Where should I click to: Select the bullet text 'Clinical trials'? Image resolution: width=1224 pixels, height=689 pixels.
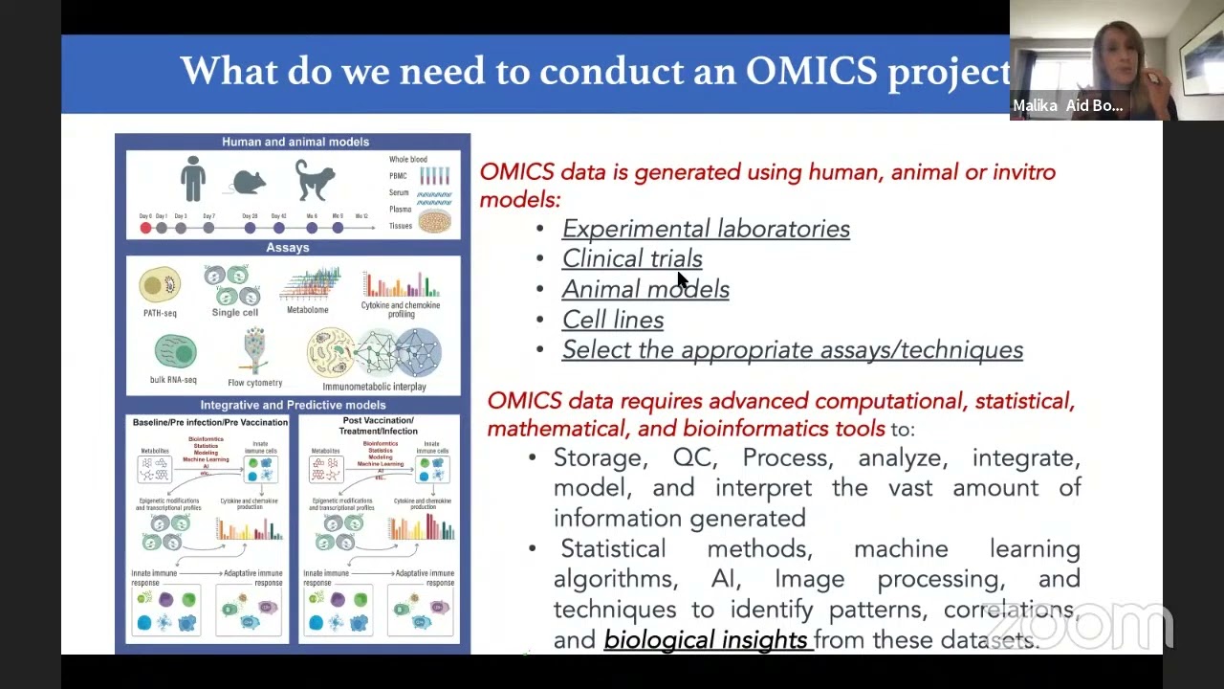click(632, 259)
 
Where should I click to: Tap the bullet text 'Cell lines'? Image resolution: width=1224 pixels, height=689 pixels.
click(613, 320)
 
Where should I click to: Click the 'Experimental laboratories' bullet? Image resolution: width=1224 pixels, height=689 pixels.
click(706, 229)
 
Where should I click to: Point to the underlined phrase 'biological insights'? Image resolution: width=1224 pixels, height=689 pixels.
click(706, 640)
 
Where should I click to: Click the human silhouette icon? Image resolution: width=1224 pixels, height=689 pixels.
click(193, 179)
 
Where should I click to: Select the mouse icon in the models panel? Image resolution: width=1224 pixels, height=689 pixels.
click(249, 182)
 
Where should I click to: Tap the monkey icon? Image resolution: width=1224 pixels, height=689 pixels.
click(315, 180)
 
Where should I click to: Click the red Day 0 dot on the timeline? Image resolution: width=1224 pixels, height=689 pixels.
click(145, 228)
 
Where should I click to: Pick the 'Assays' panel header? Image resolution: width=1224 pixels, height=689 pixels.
click(288, 248)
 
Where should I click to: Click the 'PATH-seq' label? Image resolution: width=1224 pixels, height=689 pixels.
click(159, 313)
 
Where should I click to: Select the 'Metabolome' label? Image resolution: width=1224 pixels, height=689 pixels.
click(308, 310)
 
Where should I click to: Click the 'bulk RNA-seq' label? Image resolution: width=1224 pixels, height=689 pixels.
click(173, 380)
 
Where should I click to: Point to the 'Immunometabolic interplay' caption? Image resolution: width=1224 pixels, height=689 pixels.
click(375, 387)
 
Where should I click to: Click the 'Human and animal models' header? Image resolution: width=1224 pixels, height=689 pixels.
click(295, 142)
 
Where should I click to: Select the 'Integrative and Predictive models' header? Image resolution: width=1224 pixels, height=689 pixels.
click(293, 406)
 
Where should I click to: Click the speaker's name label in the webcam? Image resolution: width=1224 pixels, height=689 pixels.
click(1067, 106)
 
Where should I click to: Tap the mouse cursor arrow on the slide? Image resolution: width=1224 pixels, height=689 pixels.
click(682, 279)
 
